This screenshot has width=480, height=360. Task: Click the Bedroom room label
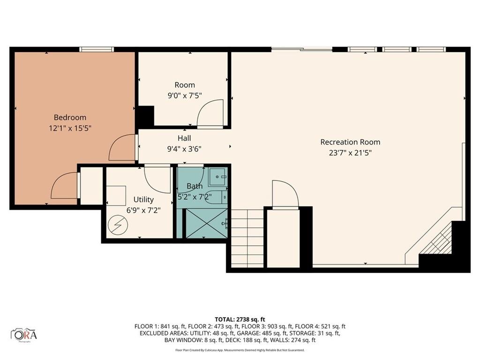[x=70, y=117]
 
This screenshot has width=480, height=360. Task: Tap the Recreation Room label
[x=350, y=142]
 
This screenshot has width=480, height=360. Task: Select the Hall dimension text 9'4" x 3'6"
[x=184, y=149]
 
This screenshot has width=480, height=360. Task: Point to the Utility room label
[x=143, y=200]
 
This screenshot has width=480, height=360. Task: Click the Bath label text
[x=195, y=186]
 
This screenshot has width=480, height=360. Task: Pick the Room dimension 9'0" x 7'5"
[x=185, y=96]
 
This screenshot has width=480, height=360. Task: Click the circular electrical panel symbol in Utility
[x=118, y=225]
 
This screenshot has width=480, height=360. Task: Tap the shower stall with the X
[x=207, y=223]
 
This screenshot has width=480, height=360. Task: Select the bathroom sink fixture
[x=217, y=177]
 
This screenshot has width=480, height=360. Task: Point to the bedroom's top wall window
[x=97, y=49]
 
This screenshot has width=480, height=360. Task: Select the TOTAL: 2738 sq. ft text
[x=240, y=320]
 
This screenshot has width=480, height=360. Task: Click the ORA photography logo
[x=24, y=334]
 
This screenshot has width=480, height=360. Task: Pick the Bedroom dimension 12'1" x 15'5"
[x=70, y=128]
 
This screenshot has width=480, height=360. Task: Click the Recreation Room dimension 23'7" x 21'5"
[x=350, y=153]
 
